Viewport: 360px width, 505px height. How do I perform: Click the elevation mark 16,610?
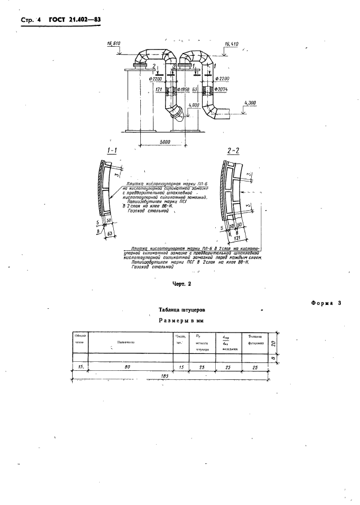point(113,44)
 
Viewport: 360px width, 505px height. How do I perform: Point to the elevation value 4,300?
point(251,103)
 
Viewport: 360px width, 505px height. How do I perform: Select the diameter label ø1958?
point(184,90)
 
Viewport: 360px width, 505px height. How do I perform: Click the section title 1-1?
point(112,151)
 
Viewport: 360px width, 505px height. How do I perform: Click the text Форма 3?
point(326,304)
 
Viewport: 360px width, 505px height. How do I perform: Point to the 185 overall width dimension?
point(165,376)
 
